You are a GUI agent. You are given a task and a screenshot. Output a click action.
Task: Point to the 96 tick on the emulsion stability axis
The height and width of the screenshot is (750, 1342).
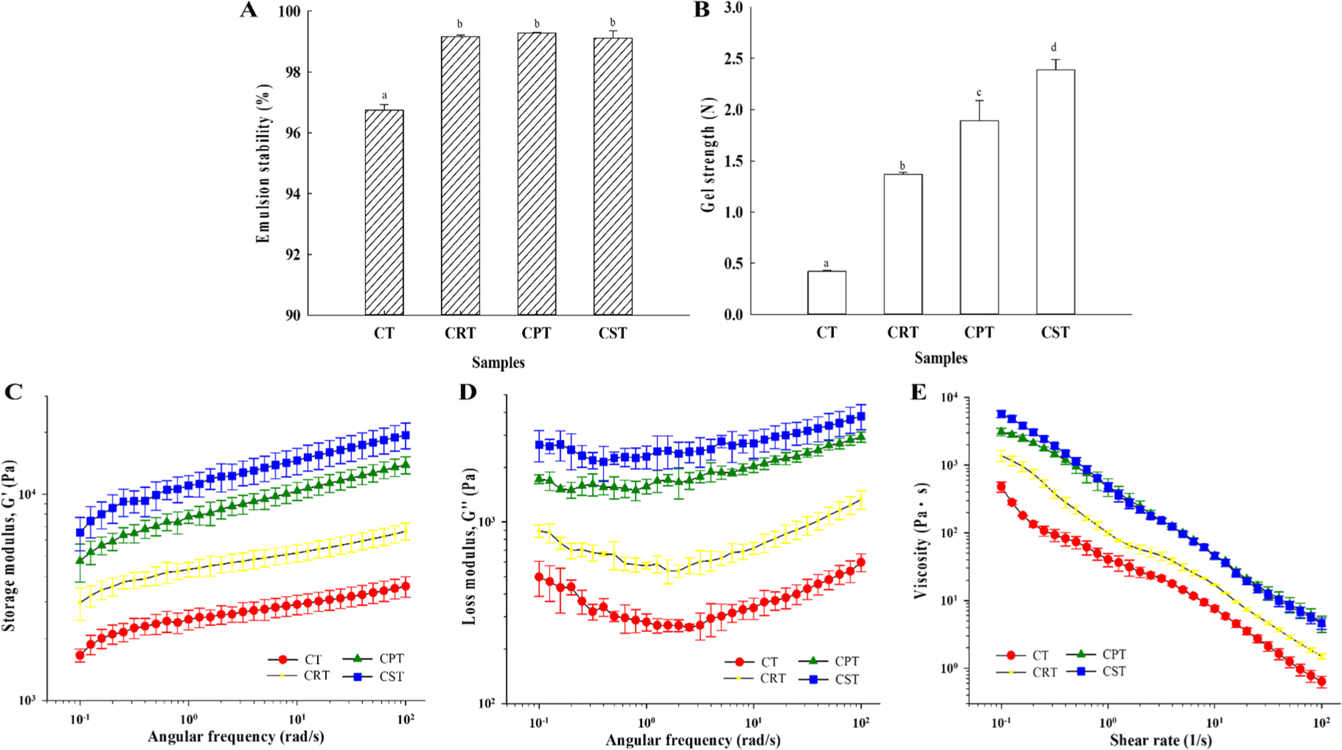(293, 133)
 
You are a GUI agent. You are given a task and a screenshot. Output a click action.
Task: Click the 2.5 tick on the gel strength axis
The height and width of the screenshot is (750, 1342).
(733, 59)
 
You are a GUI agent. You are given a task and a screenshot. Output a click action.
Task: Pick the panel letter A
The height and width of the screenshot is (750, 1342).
(248, 10)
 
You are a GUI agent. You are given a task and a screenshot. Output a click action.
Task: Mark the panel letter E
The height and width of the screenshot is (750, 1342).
(918, 392)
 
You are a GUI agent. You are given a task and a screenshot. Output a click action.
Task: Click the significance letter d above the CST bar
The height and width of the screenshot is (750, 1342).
(1054, 47)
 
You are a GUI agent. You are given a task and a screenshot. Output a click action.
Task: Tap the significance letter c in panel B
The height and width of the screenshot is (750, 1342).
(978, 93)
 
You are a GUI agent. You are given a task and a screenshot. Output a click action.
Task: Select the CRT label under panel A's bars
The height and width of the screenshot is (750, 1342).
(460, 333)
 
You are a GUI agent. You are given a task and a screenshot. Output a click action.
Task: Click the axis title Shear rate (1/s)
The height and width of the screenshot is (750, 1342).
(1161, 740)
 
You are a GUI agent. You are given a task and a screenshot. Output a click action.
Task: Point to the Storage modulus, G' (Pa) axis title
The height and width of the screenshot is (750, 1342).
(9, 546)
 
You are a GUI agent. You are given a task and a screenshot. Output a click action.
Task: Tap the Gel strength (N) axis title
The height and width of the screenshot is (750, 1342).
(708, 155)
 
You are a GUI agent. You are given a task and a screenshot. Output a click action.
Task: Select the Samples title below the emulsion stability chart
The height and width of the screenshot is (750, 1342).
(498, 362)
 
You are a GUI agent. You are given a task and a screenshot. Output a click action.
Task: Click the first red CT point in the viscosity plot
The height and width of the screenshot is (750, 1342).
(1001, 487)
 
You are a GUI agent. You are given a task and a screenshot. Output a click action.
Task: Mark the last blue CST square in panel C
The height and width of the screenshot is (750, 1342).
(405, 436)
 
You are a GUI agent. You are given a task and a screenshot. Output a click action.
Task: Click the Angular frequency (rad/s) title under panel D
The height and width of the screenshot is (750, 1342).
(693, 740)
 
